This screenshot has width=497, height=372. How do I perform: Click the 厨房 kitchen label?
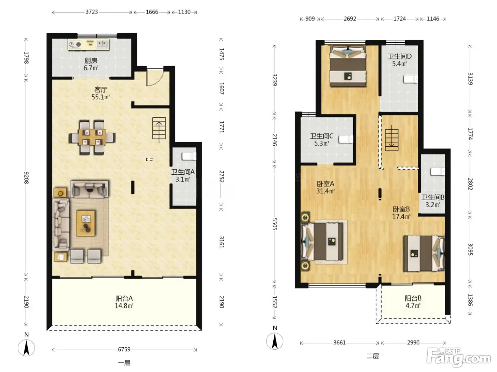pos(91,61)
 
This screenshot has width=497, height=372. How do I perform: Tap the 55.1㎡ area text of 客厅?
pos(100,97)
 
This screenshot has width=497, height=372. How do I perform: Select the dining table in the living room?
pos(92,137)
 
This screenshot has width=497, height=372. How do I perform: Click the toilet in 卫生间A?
pos(189,156)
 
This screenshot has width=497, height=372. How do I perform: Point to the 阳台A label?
pos(124,298)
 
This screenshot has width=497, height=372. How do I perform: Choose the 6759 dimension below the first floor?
pos(124,349)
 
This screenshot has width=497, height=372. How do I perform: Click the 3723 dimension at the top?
pos(92,12)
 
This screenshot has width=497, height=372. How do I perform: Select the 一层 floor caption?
pos(124,363)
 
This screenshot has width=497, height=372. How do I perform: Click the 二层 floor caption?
pos(372,356)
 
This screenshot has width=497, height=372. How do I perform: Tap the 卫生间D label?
pos(399,56)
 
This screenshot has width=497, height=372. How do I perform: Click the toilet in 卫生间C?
pos(346,139)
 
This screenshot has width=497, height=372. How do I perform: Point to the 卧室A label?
pos(326,184)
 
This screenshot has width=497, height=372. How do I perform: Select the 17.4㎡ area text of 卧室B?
pos(401,216)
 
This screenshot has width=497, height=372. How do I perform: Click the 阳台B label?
pos(413,298)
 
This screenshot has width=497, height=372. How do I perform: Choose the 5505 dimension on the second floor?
pos(274,224)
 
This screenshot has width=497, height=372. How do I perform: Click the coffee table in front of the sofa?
pos(86,223)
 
